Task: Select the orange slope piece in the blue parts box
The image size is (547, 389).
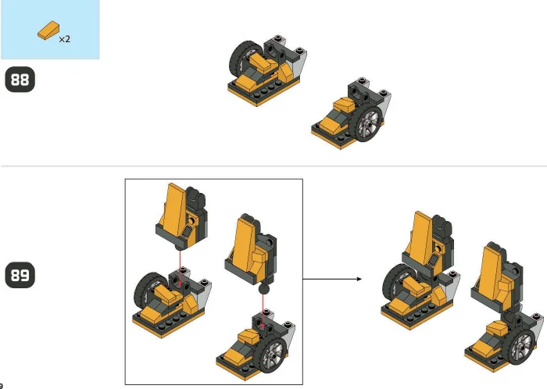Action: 48,32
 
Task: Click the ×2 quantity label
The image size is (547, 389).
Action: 64,38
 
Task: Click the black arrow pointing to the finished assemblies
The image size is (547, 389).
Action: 331,277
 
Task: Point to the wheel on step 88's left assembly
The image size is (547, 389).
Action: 243,59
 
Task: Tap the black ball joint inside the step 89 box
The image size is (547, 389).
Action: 263,290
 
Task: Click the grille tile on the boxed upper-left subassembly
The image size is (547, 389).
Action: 187,227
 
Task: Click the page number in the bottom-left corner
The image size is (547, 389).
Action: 2,385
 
